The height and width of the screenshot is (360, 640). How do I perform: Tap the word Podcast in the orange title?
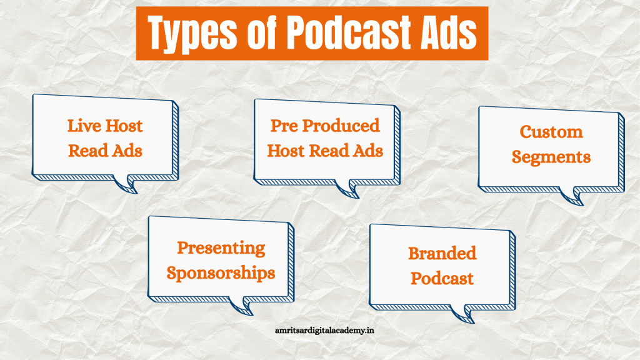click(349, 31)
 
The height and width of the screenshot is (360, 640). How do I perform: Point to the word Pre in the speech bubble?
click(284, 126)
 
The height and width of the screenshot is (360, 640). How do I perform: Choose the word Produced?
click(341, 126)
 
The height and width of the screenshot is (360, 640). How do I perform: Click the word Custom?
click(551, 132)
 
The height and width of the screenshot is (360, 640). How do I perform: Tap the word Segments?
click(551, 157)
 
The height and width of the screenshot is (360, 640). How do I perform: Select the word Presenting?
click(221, 248)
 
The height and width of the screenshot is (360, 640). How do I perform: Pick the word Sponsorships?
click(221, 273)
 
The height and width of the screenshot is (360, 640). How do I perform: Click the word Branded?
click(442, 254)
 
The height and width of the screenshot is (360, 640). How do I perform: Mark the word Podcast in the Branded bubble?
click(442, 279)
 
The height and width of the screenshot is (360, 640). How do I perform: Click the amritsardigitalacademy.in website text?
click(324, 331)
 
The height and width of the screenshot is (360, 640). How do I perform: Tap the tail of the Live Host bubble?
click(126, 184)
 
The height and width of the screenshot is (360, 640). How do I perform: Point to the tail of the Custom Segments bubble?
click(571, 196)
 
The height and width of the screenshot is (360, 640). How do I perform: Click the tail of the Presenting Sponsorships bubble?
click(241, 306)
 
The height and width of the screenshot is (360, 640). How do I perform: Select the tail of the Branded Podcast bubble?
click(463, 314)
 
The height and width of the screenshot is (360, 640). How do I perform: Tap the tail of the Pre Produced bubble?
click(347, 189)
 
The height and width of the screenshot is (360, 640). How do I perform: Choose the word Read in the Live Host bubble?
click(83, 151)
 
